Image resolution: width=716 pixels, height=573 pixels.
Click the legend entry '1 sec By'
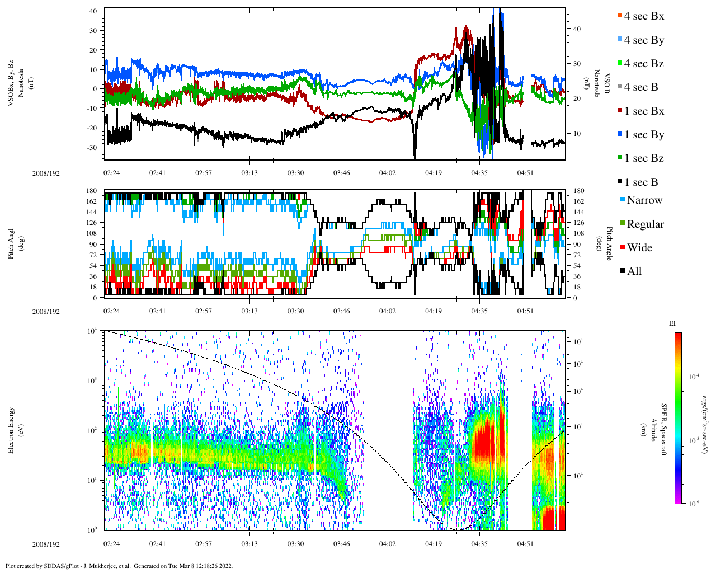643,135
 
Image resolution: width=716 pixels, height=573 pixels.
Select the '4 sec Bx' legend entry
643,16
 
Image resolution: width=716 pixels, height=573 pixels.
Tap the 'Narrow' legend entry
644,200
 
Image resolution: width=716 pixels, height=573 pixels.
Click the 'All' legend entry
634,271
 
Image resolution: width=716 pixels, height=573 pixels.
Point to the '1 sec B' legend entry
641,182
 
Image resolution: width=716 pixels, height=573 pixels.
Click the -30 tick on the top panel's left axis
92,147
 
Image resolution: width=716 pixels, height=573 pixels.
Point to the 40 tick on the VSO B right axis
576,29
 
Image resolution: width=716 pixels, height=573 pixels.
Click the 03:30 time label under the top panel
295,173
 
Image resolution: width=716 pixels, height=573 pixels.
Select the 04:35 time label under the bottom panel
479,544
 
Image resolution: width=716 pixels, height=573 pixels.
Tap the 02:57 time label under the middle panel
204,311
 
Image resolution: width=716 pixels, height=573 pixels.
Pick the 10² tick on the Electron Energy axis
93,430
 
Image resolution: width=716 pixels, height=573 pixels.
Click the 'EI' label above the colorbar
672,323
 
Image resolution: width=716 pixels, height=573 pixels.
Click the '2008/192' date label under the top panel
46,173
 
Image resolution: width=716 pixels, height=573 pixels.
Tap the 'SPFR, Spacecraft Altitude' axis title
659,430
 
